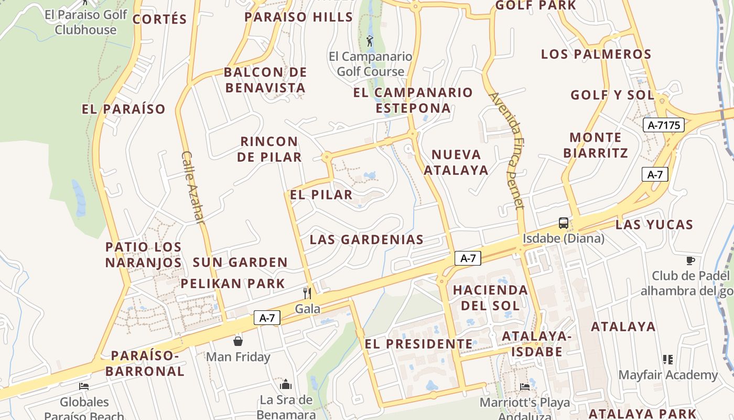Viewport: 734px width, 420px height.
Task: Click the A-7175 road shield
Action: [x=663, y=125]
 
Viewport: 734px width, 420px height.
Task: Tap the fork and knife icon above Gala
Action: [x=307, y=293]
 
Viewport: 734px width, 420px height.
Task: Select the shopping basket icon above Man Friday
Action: [x=238, y=341]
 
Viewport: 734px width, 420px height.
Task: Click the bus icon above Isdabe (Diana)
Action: [x=564, y=223]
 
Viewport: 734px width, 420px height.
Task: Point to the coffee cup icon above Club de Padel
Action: [x=690, y=260]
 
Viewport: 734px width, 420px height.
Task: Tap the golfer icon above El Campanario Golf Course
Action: [x=370, y=40]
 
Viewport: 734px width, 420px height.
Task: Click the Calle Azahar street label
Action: [x=192, y=187]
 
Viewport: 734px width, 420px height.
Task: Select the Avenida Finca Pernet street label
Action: [x=507, y=151]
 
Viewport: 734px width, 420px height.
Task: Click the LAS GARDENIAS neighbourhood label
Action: [x=366, y=240]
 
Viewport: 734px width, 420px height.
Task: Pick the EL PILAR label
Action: [x=321, y=195]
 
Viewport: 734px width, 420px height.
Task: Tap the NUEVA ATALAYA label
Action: [x=456, y=162]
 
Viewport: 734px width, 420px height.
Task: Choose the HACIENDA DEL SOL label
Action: [x=490, y=298]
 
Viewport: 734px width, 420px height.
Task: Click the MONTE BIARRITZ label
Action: [x=595, y=145]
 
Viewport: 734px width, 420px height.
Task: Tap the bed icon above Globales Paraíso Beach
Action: [x=84, y=386]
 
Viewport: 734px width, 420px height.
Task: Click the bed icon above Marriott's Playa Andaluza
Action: [x=525, y=387]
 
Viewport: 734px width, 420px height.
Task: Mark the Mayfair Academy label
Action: [x=668, y=375]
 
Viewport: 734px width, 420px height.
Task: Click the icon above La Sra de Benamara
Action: [x=286, y=384]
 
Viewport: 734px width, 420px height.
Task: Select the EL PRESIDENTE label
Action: [x=418, y=344]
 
